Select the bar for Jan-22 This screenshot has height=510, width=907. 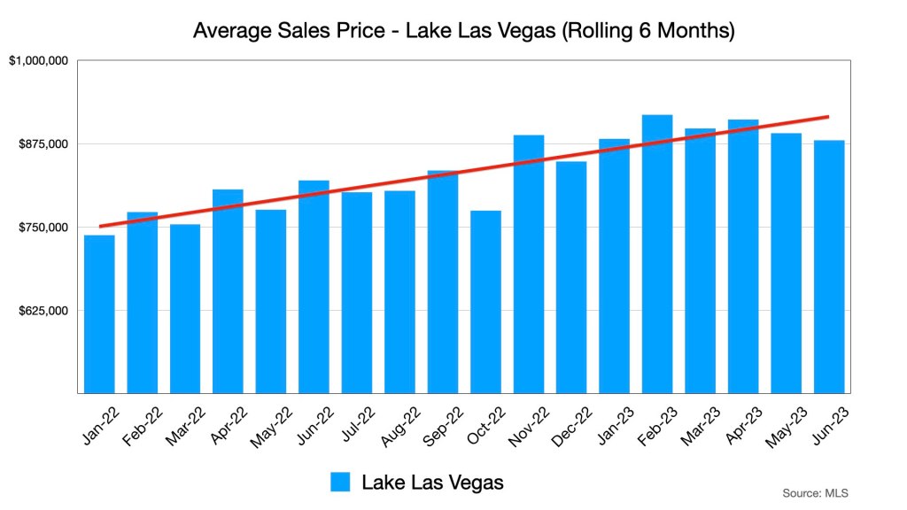click(x=99, y=314)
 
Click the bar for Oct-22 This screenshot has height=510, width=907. click(x=485, y=302)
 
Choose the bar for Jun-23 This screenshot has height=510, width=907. click(x=829, y=267)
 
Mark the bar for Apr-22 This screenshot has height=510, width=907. click(x=228, y=291)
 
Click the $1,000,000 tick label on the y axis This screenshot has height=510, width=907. click(x=38, y=61)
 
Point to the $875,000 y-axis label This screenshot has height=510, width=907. click(x=43, y=144)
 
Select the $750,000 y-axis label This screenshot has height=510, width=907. click(x=43, y=228)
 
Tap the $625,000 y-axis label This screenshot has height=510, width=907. click(x=43, y=311)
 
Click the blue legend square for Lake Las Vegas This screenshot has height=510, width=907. click(x=341, y=483)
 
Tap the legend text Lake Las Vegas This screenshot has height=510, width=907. click(x=432, y=483)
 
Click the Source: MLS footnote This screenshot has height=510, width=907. click(x=816, y=492)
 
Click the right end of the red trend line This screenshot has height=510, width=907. click(x=827, y=116)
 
